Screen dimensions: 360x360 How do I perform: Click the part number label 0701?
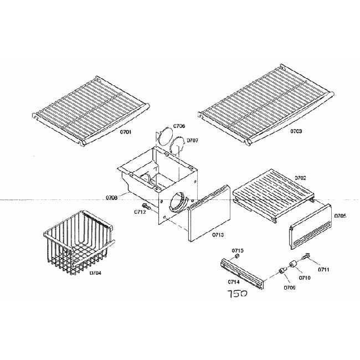pyautogui.click(x=126, y=132)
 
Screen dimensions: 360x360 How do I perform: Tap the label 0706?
pyautogui.click(x=179, y=126)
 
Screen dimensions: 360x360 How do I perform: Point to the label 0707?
pyautogui.click(x=192, y=140)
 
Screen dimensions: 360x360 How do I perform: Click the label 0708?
pyautogui.click(x=111, y=197)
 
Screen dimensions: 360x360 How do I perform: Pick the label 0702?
pyautogui.click(x=301, y=178)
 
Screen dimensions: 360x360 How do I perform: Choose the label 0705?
pyautogui.click(x=340, y=215)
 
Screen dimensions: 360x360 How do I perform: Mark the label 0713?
pyautogui.click(x=218, y=235)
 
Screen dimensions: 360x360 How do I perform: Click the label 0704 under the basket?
pyautogui.click(x=96, y=272)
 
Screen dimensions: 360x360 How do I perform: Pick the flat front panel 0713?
pyautogui.click(x=208, y=213)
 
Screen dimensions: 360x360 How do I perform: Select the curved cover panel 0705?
pyautogui.click(x=310, y=227)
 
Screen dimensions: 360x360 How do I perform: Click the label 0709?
pyautogui.click(x=289, y=288)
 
